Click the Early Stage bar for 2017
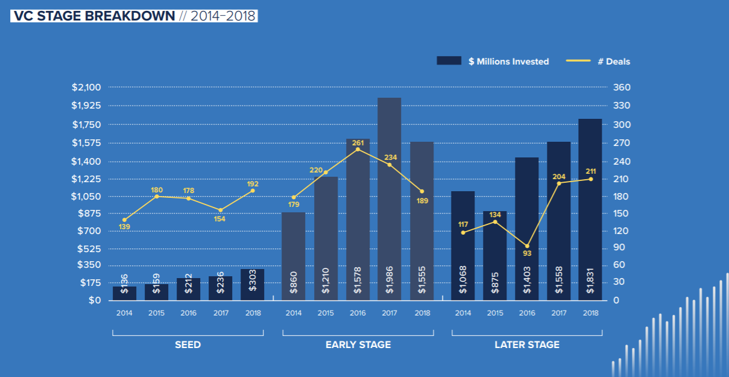(389, 199)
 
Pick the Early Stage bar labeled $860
(294, 256)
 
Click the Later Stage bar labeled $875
(494, 256)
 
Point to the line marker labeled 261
(358, 149)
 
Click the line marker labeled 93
(527, 246)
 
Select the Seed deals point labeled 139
(124, 220)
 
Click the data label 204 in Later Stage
(559, 177)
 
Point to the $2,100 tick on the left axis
(86, 87)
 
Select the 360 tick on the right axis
(622, 87)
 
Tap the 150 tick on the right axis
(622, 214)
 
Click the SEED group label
(188, 345)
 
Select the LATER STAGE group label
(527, 345)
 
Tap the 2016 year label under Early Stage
(358, 313)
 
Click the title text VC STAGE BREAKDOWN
(93, 16)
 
